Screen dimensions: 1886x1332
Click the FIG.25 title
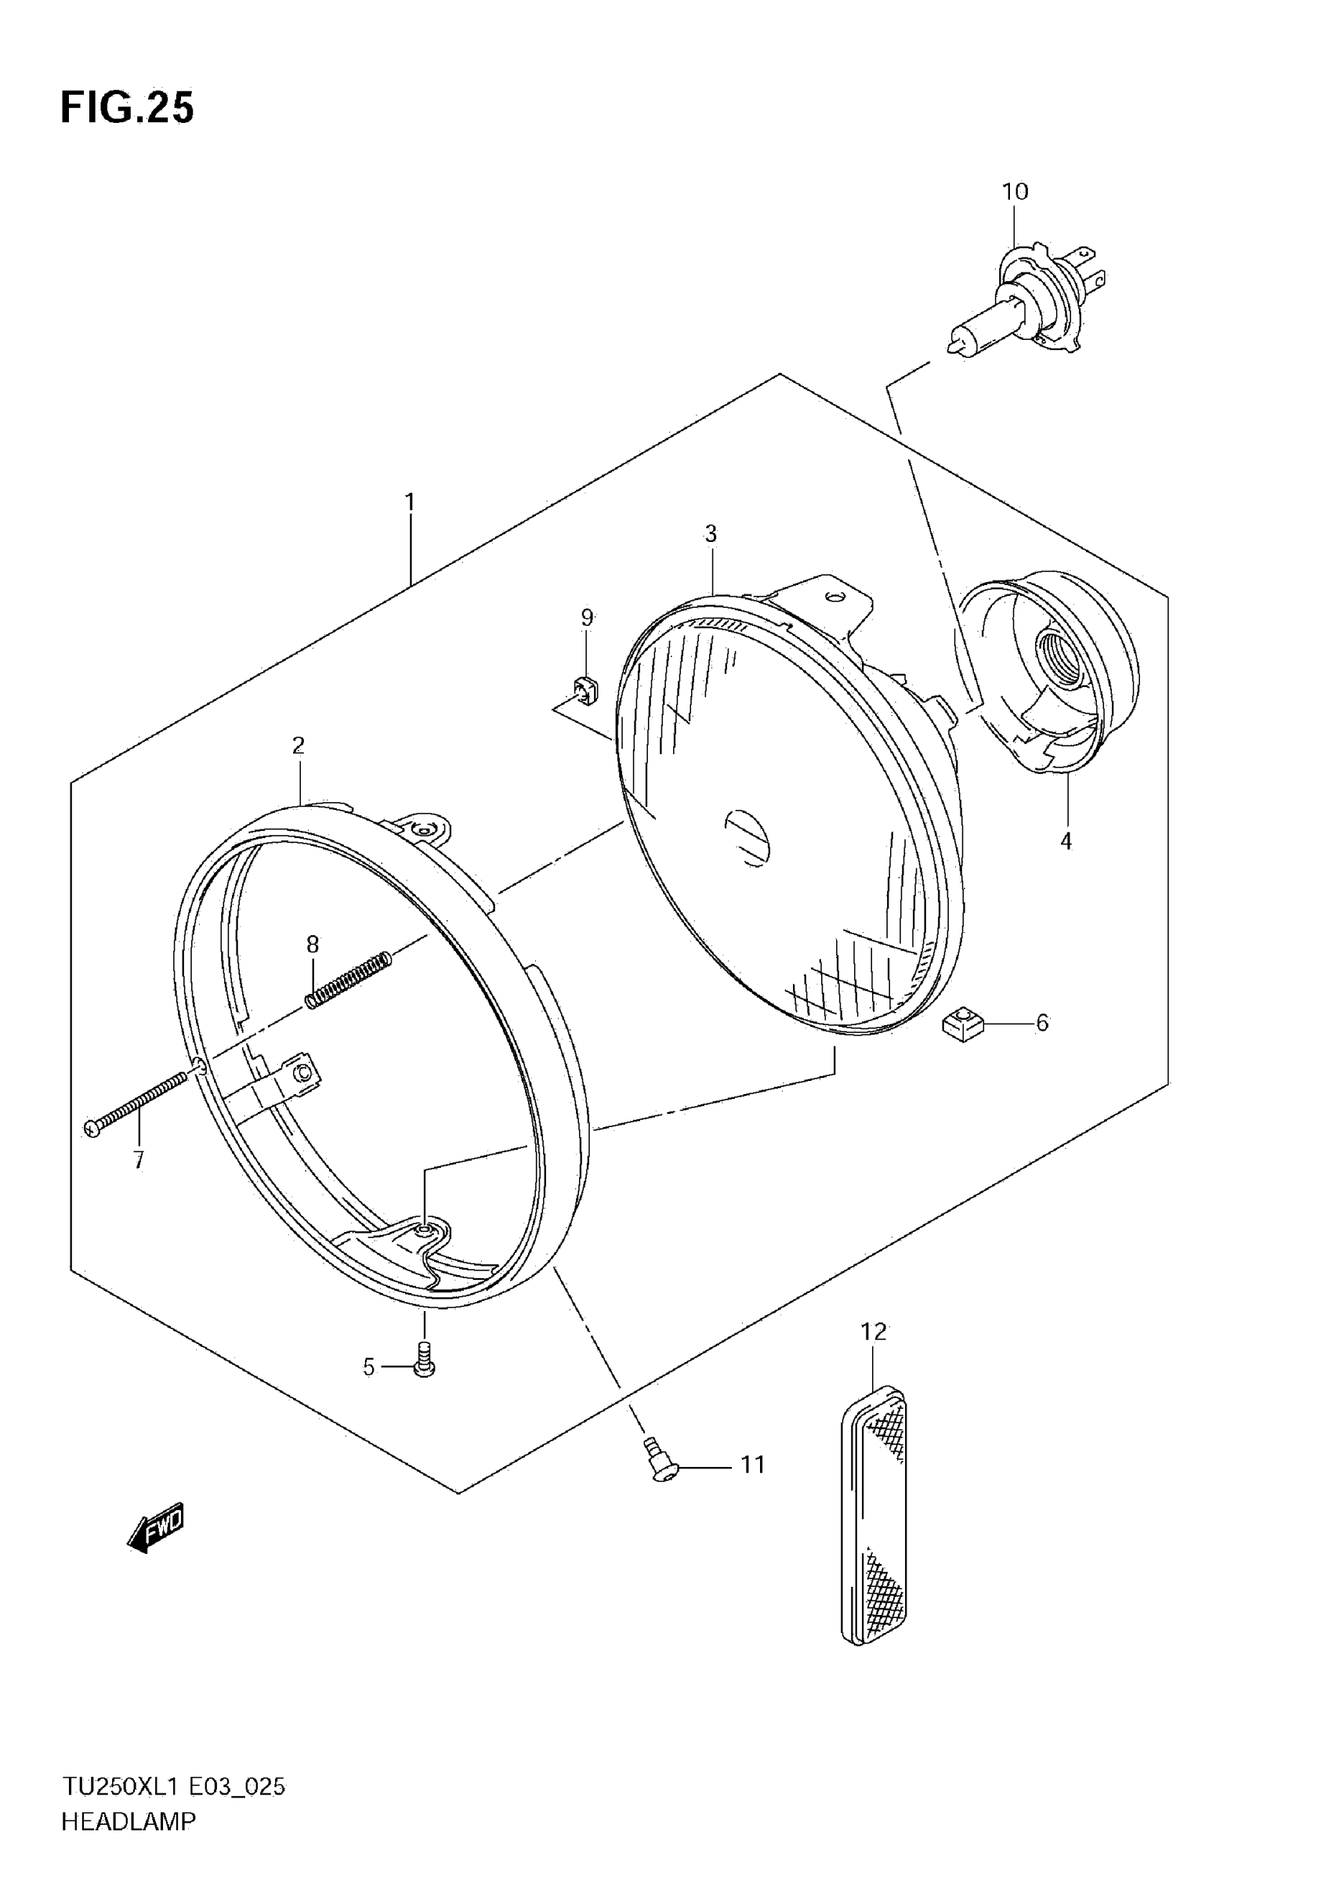128,107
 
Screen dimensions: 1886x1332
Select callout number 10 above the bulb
1015,191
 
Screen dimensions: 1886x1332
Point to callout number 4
1066,841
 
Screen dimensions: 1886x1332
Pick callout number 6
1042,1023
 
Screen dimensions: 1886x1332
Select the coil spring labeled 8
349,978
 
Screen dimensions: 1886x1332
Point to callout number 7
139,1160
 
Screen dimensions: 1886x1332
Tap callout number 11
753,1465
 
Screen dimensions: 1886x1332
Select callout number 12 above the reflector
874,1331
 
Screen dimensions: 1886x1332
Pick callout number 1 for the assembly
409,501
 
